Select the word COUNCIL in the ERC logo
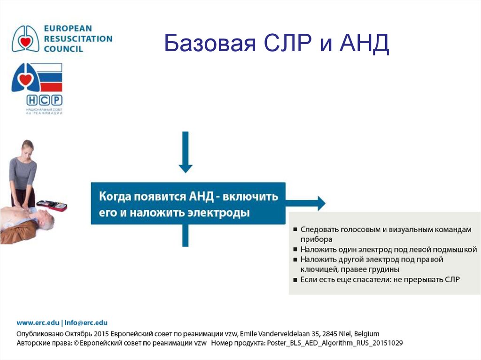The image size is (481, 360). coord(63,49)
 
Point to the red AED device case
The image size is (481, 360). coord(52,206)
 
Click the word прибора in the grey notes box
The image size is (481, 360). coord(316,239)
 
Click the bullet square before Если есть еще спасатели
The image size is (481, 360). coord(295,280)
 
